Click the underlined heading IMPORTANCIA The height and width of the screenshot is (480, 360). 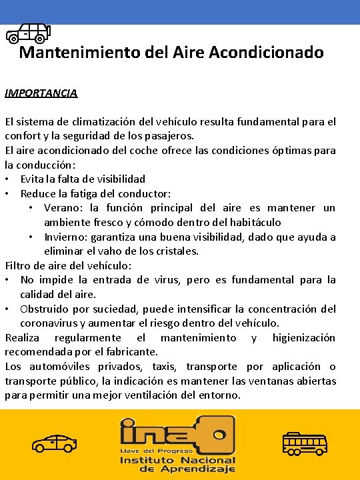tap(41, 93)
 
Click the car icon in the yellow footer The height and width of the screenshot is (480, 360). tap(54, 443)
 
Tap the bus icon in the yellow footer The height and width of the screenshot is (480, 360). tap(305, 443)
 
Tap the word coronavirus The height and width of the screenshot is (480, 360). tap(52, 323)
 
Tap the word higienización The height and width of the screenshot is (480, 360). tap(303, 337)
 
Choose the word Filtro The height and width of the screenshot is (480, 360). tap(18, 265)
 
